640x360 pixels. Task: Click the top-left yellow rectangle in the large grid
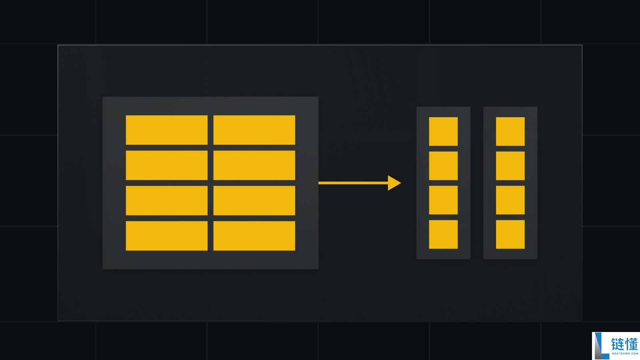click(166, 130)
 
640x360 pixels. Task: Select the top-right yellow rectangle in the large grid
click(254, 130)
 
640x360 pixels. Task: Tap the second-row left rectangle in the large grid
click(166, 166)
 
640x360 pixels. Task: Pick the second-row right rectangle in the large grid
click(254, 166)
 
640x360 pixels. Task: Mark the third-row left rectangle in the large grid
click(166, 200)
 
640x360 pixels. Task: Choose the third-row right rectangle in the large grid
click(254, 200)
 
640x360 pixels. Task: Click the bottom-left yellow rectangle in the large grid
click(166, 236)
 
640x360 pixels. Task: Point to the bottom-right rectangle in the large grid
click(254, 236)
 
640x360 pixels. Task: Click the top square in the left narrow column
click(443, 132)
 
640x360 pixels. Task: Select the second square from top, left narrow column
click(443, 166)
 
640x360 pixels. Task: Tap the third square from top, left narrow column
click(443, 200)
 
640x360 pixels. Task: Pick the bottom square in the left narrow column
click(443, 234)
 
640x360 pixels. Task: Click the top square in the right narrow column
click(510, 132)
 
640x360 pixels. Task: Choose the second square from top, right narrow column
click(510, 166)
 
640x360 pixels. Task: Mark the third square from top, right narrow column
click(510, 200)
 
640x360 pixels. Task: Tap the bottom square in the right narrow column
click(510, 234)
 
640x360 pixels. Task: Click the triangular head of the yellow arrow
click(394, 183)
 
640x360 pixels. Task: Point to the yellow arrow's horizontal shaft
click(353, 183)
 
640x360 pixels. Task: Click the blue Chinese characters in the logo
click(624, 344)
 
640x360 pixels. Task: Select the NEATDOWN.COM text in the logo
click(625, 354)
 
